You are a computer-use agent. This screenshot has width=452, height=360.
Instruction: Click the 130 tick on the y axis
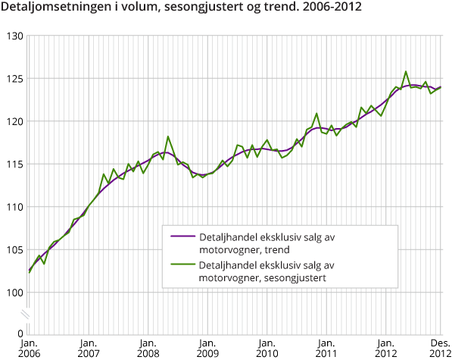point(14,36)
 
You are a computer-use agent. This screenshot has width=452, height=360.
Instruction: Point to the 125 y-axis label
point(14,79)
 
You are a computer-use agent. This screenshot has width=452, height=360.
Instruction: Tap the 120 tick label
point(14,121)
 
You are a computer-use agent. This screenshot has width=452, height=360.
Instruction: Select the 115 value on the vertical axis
point(14,164)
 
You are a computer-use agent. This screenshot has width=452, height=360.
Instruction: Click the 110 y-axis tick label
point(14,207)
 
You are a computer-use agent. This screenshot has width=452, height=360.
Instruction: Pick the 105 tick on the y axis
point(14,250)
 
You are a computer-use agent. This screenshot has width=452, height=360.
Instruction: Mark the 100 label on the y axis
point(14,293)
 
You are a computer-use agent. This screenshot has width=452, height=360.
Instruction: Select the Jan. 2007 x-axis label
point(89,347)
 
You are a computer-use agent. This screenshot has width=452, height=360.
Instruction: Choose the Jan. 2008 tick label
point(148,347)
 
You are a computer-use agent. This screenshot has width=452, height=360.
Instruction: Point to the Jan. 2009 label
point(207,347)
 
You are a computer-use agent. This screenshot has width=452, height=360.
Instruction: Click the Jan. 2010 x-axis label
point(266,347)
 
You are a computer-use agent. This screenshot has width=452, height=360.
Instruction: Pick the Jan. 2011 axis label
point(325,347)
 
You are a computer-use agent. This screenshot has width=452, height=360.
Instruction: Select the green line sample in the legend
point(182,267)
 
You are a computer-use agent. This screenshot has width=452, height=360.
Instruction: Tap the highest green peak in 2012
point(406,72)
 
